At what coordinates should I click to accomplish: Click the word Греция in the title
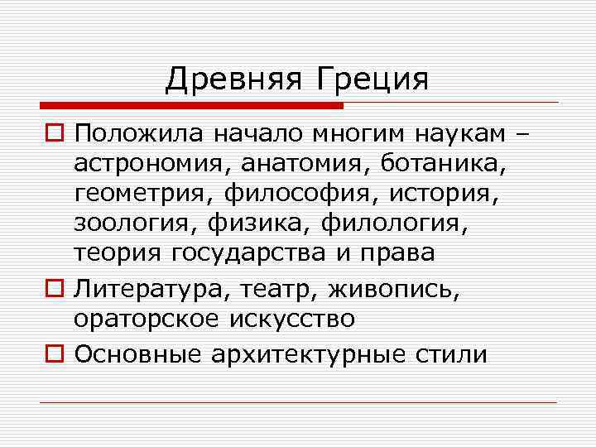[x=372, y=80]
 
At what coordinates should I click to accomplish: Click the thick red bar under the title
[x=190, y=105]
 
